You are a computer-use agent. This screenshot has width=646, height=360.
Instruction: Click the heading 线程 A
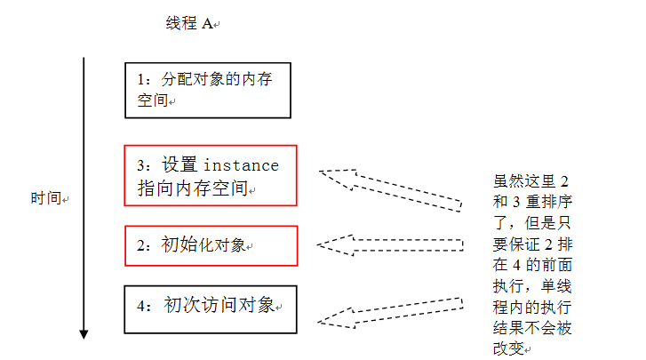[189, 23]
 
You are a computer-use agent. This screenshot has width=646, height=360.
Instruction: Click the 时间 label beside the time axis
[46, 198]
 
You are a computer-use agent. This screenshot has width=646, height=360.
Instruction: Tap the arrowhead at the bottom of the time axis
[84, 334]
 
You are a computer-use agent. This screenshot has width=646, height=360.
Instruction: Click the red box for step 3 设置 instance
[211, 146]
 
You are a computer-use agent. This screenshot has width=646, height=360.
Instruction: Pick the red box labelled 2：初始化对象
[211, 226]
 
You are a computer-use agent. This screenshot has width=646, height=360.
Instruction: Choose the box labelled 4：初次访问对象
[211, 286]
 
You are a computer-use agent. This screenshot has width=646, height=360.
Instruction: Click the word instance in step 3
[242, 165]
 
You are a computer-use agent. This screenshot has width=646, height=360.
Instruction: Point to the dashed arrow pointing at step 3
[390, 189]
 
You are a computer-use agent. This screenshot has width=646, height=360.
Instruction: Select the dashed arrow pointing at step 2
[390, 245]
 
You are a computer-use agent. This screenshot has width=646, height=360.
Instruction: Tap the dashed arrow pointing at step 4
[390, 313]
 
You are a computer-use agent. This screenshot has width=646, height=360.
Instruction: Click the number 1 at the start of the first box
[141, 79]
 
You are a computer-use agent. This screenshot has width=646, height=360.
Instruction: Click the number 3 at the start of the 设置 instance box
[141, 165]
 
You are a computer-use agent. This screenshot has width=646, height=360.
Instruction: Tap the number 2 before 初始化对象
[141, 245]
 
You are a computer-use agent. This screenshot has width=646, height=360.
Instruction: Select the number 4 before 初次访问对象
[141, 306]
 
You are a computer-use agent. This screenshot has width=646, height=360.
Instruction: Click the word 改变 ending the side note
[509, 348]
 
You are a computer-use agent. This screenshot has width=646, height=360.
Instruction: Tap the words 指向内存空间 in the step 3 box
[193, 188]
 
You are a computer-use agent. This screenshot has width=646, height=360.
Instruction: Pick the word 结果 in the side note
[509, 328]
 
